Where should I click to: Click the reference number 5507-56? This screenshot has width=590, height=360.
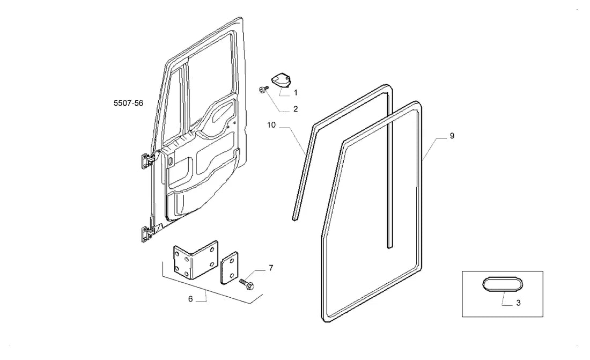coord(128,103)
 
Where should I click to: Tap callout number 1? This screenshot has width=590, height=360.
coord(296,93)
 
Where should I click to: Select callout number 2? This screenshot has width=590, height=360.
coord(296,109)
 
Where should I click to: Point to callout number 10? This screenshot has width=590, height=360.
coord(271,125)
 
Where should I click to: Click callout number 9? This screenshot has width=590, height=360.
coord(452,136)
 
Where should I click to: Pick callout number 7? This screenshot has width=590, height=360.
coord(271,268)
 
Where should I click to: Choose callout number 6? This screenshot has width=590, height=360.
coord(190,299)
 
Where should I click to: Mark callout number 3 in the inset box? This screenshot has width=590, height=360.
coord(518,303)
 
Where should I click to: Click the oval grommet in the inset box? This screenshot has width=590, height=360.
coord(503,284)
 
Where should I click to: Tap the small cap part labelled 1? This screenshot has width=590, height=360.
coord(282,80)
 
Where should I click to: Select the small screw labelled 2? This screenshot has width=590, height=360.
coord(263,90)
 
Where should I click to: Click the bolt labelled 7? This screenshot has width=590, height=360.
coord(247,284)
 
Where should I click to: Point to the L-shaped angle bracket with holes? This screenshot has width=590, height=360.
coord(195,260)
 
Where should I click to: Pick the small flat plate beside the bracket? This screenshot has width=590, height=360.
coord(229,268)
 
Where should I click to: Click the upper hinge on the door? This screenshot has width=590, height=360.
coord(147,161)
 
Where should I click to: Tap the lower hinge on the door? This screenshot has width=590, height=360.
coord(147,234)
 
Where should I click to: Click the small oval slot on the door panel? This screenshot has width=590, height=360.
coord(171,161)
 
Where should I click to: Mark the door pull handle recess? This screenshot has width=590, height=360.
coord(223,113)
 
